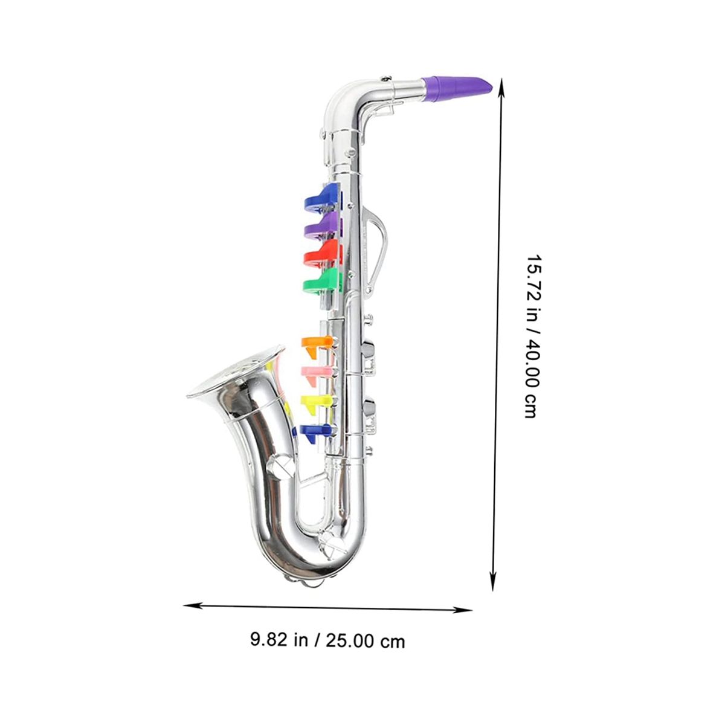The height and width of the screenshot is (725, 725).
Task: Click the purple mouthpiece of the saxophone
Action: pyautogui.click(x=457, y=89)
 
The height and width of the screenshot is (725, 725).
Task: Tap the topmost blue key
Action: pyautogui.click(x=321, y=199)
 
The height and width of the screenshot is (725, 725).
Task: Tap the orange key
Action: pyautogui.click(x=317, y=344)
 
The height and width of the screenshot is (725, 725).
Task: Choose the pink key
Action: pyautogui.click(x=317, y=375)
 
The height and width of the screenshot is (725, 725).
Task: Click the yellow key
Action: pyautogui.click(x=316, y=402)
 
